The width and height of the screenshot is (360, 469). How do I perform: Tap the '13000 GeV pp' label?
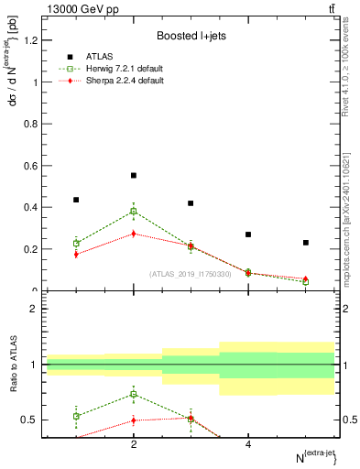pyautogui.click(x=74, y=8)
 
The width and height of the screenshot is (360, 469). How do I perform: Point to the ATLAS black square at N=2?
pyautogui.click(x=134, y=175)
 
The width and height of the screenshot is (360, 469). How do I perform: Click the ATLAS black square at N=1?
pyautogui.click(x=76, y=200)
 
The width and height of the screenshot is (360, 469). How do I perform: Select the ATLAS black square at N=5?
pyautogui.click(x=306, y=243)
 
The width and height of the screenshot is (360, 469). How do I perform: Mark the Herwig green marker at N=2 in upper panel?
pyautogui.click(x=134, y=212)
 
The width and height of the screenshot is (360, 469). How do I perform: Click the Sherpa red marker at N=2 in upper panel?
pyautogui.click(x=134, y=234)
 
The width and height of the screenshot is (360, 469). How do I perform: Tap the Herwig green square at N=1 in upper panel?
pyautogui.click(x=76, y=244)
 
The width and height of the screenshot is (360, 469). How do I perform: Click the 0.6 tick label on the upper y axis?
pyautogui.click(x=30, y=166)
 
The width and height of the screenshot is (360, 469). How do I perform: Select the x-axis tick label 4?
pyautogui.click(x=248, y=444)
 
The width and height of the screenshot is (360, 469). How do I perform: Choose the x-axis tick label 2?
pyautogui.click(x=134, y=444)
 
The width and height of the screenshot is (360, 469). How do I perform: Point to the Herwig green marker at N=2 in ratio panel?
pyautogui.click(x=134, y=395)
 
